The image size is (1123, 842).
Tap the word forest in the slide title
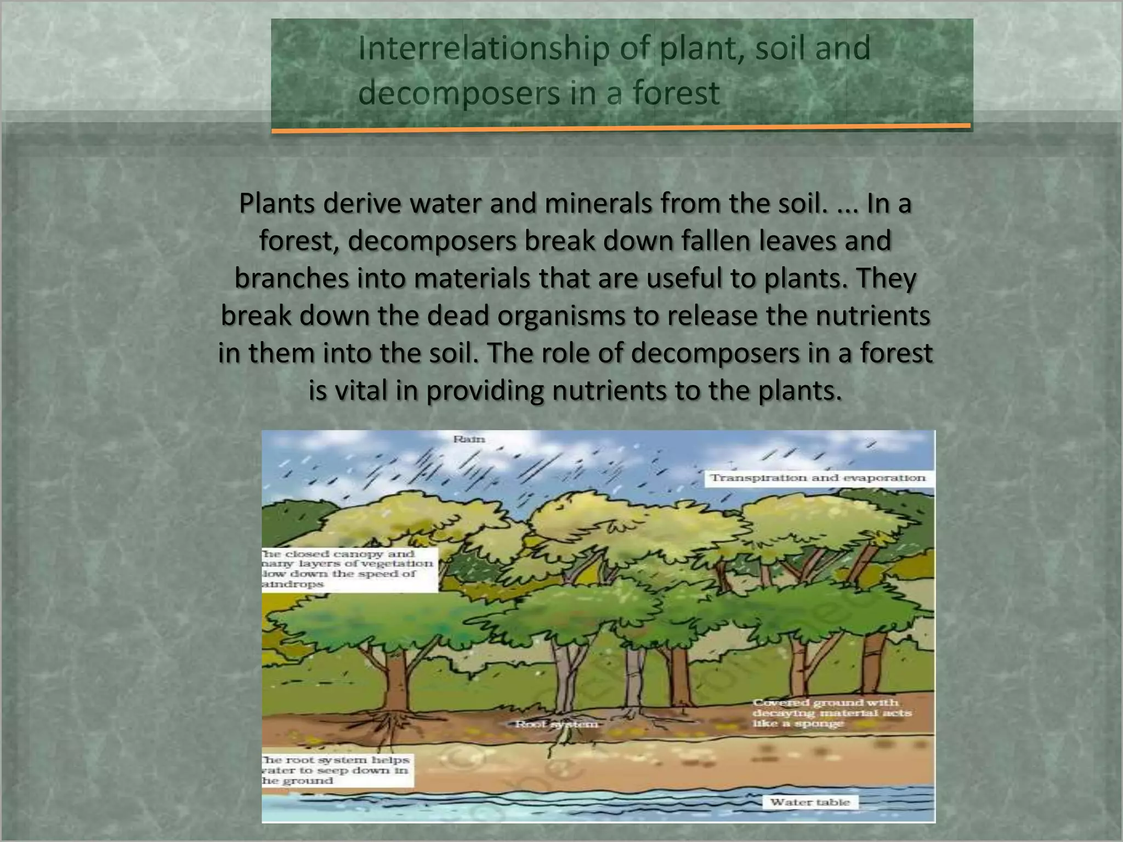pyautogui.click(x=676, y=93)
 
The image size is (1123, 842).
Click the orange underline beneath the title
pyautogui.click(x=621, y=129)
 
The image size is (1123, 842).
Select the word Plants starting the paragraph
pyautogui.click(x=277, y=204)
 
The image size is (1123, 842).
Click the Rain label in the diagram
pyautogui.click(x=469, y=439)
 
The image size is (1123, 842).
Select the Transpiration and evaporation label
pyautogui.click(x=818, y=478)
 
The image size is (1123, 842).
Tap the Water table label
pyautogui.click(x=809, y=803)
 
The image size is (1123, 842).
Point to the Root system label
pyautogui.click(x=557, y=725)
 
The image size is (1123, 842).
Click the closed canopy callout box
pyautogui.click(x=349, y=569)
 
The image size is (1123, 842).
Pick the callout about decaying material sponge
pyautogui.click(x=831, y=713)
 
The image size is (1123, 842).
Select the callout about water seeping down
pyautogui.click(x=336, y=770)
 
